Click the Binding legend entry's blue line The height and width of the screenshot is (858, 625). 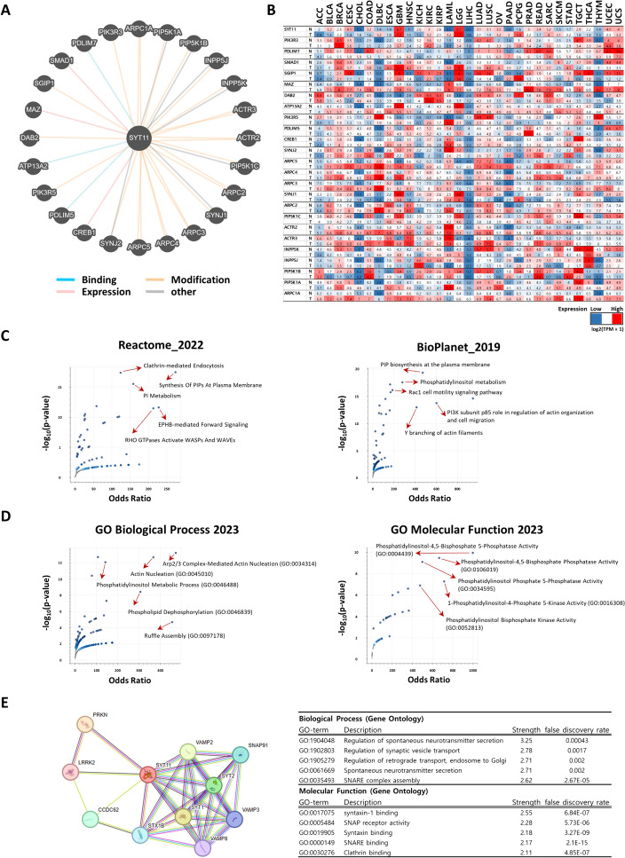click(x=66, y=302)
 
